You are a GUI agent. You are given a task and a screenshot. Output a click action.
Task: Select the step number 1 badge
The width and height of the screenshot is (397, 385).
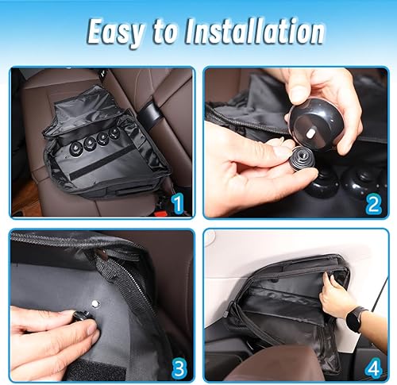(178, 203)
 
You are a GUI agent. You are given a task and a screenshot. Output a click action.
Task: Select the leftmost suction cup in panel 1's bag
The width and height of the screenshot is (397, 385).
(78, 148)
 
